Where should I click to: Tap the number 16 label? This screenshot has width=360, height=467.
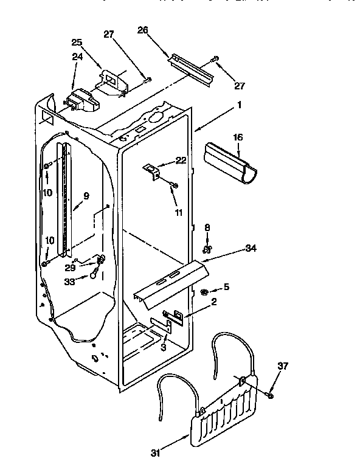pos(238,138)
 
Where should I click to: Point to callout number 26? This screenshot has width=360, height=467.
pos(143,30)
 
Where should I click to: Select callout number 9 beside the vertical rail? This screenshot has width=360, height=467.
pos(86,196)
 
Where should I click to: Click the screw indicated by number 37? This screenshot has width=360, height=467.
pos(269,395)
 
